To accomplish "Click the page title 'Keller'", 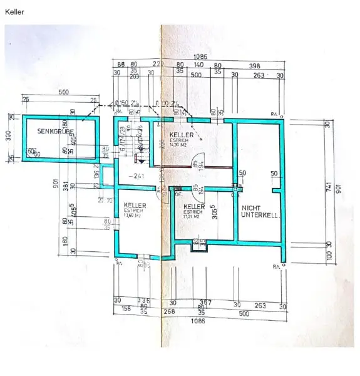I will point(14,11).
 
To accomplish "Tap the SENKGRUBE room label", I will point(55,132).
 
